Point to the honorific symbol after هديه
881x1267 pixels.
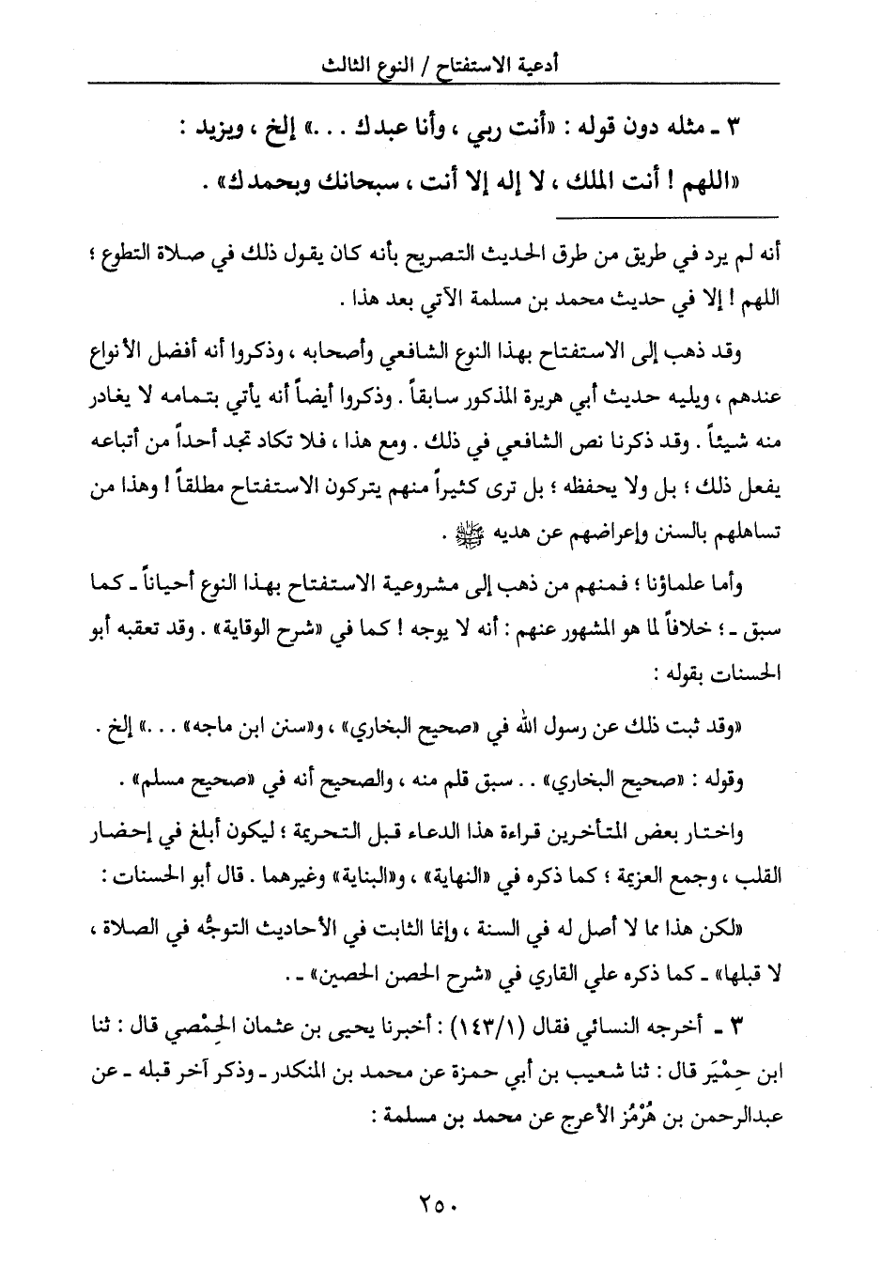pos(456,533)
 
